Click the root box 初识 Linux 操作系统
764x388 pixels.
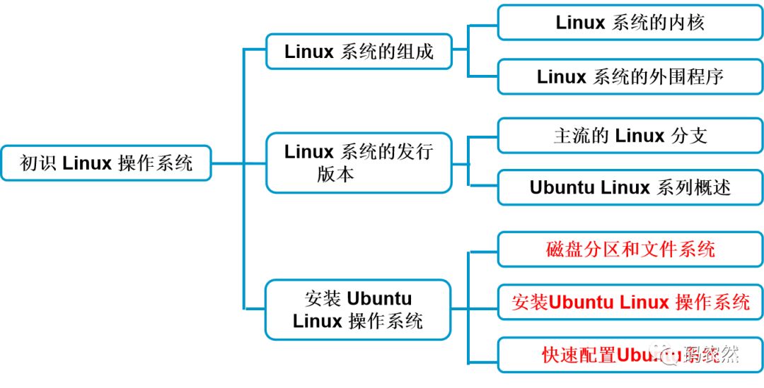coord(106,163)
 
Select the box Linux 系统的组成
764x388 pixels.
coord(359,52)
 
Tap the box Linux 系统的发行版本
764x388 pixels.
coord(359,163)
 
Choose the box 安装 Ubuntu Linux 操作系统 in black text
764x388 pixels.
coord(359,310)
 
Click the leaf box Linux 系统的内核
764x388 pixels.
coord(630,23)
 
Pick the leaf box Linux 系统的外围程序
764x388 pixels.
coord(630,76)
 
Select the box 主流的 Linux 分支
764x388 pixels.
coord(630,136)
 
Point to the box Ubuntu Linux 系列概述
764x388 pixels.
coord(630,187)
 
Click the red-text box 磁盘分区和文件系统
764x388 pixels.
coord(630,249)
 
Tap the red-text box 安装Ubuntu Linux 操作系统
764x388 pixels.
coord(630,302)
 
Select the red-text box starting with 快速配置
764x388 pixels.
coord(630,355)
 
